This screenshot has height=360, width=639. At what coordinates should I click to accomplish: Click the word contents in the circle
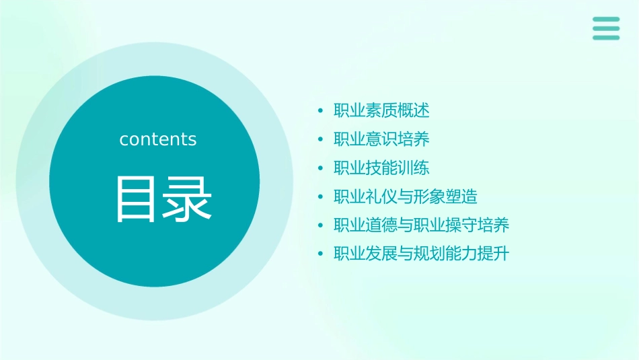pos(158,139)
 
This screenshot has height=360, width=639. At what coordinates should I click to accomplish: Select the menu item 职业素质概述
pos(381,110)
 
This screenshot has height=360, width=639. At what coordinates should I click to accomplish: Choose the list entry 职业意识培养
pos(381,139)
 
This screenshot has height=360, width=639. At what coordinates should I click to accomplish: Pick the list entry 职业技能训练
pos(381,168)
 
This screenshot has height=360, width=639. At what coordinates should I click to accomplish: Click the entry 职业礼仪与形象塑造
pos(405,196)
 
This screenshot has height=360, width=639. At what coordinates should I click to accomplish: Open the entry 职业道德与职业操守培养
pos(421,225)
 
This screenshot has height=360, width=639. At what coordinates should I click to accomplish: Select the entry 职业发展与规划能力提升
pos(421,254)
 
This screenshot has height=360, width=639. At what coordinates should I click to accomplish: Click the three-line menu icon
pos(605,28)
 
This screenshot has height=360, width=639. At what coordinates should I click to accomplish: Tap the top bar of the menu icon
pos(605,20)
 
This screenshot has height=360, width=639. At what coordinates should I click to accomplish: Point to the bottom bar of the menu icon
pos(605,38)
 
